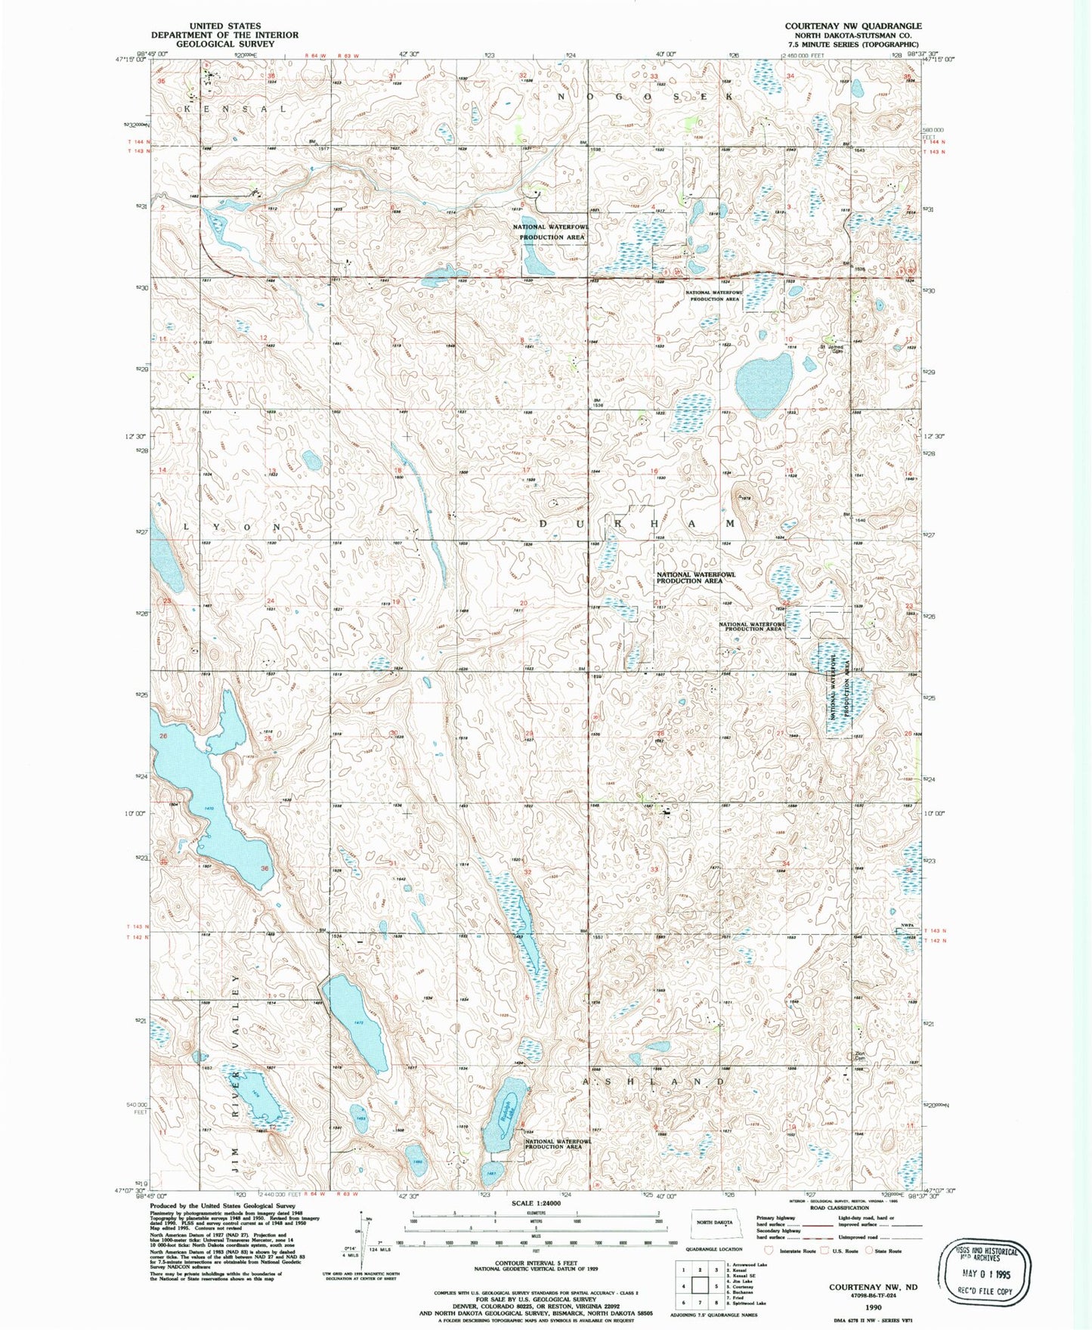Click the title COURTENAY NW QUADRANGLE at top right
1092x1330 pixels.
point(852,26)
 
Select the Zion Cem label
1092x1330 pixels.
point(859,1056)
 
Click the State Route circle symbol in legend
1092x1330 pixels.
point(869,1251)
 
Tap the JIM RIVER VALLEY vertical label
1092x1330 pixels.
point(237,1072)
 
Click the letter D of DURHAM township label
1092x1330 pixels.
point(543,524)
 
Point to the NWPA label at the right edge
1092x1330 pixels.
point(908,925)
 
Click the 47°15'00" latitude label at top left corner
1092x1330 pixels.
point(130,58)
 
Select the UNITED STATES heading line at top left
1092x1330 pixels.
point(225,26)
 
